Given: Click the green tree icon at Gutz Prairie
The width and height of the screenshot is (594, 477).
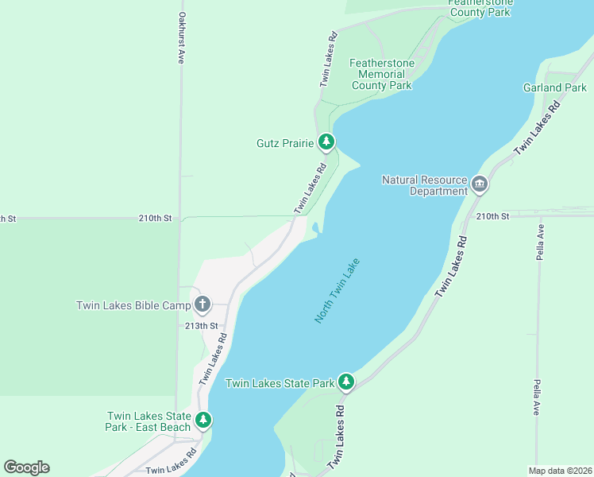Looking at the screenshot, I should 326,142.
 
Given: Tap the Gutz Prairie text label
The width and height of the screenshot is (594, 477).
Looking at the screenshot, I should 286,143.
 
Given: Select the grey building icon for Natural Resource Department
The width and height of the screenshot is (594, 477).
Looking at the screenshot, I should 479,185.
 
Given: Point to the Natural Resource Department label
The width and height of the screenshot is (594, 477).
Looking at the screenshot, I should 425,185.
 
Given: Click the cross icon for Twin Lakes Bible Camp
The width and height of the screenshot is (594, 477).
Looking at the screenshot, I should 202,304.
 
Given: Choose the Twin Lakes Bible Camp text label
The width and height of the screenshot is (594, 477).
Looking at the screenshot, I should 133,305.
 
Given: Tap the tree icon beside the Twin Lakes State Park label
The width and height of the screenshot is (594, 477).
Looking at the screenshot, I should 345,382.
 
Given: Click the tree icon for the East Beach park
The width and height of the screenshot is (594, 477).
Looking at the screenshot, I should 203,420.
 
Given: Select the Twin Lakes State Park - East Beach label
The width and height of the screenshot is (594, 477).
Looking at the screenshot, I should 148,422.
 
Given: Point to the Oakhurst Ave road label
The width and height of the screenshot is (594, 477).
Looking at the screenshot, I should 182,38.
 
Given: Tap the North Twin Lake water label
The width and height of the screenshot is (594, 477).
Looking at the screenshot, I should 337,290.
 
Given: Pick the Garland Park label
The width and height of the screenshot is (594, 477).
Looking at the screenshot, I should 554,87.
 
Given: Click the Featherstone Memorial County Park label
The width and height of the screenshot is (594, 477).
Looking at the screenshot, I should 381,74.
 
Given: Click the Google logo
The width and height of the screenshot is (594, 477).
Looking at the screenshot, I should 26,467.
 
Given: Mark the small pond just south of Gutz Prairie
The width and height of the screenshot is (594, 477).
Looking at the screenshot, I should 317,230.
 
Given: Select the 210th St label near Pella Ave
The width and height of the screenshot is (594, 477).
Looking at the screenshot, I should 492,216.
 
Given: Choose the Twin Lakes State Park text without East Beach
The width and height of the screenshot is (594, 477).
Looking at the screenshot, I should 280,383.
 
